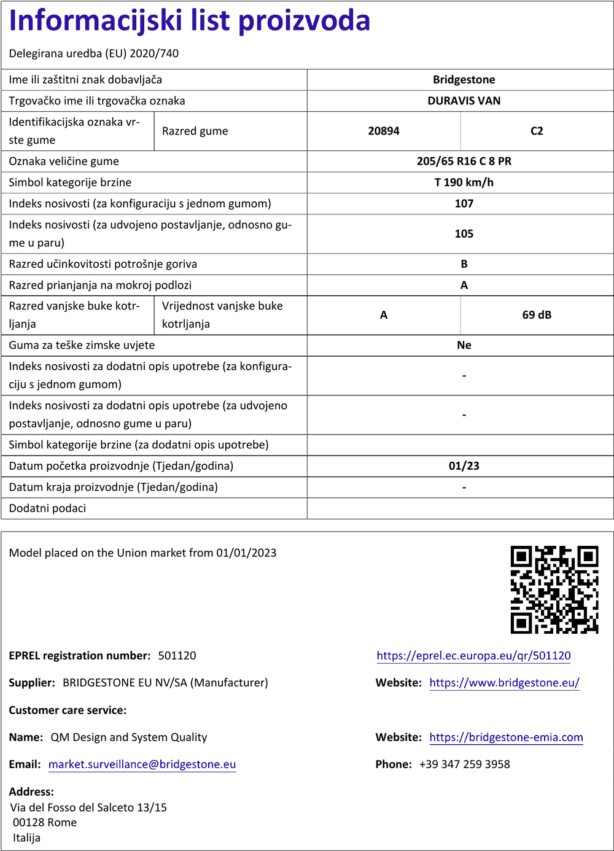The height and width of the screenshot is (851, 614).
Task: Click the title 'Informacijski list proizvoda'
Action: coord(190,21)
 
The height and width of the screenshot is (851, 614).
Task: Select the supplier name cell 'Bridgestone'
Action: coord(464,80)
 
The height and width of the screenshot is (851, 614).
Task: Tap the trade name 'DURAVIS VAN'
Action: coord(464,101)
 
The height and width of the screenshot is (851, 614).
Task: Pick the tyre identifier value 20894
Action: coord(384,131)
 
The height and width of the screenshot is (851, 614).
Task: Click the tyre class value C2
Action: coord(537,131)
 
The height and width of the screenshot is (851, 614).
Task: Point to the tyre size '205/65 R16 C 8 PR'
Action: coord(464,161)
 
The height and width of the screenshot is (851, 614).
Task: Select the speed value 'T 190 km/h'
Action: coord(464,182)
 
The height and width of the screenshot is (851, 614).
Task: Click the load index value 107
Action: coord(464,204)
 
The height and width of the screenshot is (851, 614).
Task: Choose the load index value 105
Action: coord(464,234)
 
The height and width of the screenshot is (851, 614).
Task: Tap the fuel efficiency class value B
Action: coord(464,264)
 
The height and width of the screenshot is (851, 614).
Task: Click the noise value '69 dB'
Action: coord(537,315)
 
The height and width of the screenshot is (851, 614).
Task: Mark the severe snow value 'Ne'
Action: coord(464,345)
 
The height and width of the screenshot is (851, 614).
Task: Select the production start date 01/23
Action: coord(464,466)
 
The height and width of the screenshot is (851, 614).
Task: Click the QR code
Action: coord(554,589)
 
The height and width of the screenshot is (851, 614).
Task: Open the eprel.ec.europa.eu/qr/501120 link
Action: coord(473,656)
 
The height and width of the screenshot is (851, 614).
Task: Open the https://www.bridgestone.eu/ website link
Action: coord(504,683)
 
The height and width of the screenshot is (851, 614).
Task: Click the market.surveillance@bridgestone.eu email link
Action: coord(142,764)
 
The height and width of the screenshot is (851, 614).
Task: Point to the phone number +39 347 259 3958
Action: coord(464,764)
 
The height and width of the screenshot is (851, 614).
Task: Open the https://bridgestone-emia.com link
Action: coord(506,737)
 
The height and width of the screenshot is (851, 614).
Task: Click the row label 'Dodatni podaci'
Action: coord(47,508)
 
